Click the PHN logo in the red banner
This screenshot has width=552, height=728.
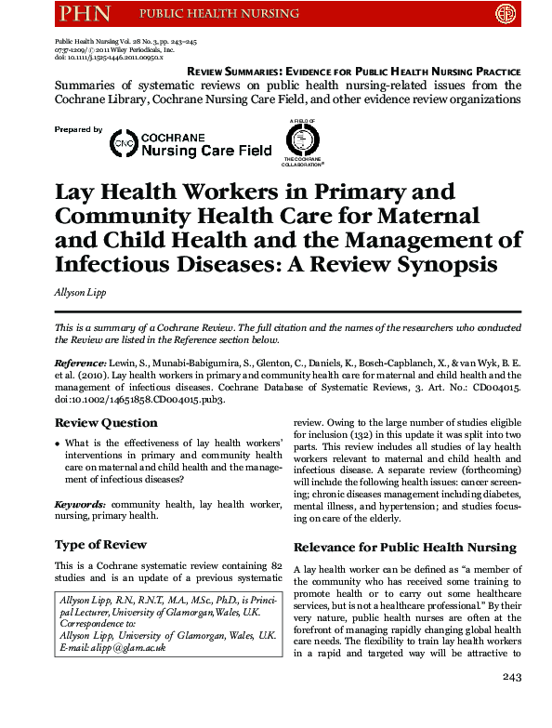[85, 13]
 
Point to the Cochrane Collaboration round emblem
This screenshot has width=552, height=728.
[302, 141]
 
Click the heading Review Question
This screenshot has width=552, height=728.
[105, 423]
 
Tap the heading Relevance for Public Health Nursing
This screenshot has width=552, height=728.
[404, 547]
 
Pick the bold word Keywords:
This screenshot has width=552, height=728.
[80, 504]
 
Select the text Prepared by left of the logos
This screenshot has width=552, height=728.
[78, 130]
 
